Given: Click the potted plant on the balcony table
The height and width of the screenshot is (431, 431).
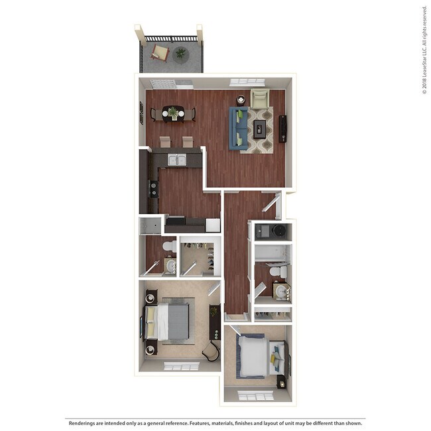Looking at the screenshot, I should click(180, 54).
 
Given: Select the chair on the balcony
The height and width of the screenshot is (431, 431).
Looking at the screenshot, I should click(159, 51).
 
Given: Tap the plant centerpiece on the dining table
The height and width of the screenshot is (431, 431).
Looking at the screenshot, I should click(173, 113).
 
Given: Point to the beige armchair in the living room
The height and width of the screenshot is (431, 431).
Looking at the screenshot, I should click(260, 99).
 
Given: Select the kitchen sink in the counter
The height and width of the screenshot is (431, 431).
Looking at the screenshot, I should click(176, 160).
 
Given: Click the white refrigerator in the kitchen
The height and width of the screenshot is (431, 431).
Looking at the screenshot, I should click(213, 225).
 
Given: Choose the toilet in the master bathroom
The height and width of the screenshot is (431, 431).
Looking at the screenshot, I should click(168, 247).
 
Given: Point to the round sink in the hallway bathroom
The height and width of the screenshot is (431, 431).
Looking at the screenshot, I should click(282, 292).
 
